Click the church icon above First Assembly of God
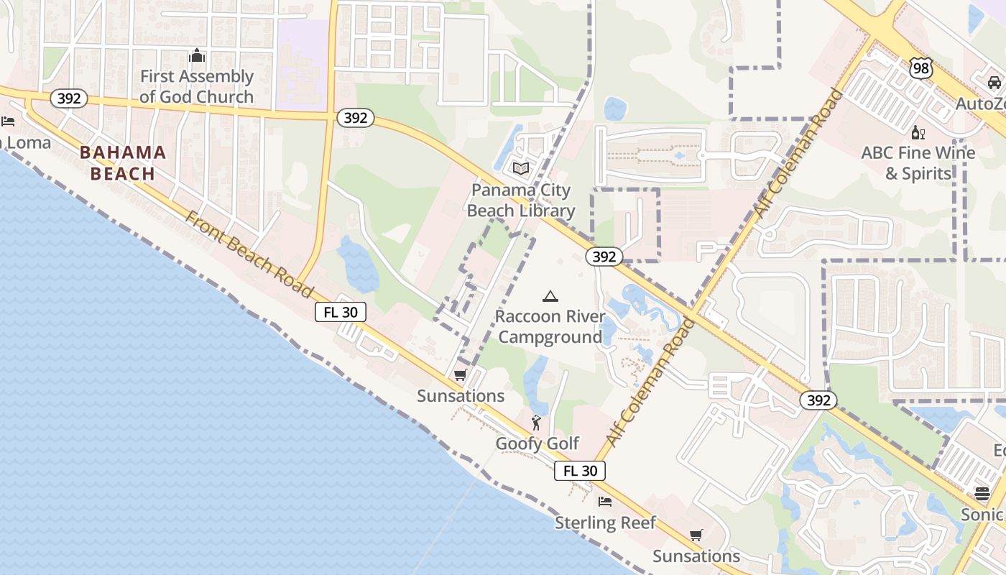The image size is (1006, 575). pos(196,56)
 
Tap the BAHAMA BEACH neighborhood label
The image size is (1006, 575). pos(123,163)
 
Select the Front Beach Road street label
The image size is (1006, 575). pos(249,254)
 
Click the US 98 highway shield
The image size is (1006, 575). pos(920,68)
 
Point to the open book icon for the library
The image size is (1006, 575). pos(521,168)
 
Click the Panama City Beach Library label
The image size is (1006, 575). pos(521,201)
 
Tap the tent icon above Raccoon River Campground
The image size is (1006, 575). pos(550,296)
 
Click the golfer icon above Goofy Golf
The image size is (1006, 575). pos(536,423)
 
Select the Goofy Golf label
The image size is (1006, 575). pos(537,443)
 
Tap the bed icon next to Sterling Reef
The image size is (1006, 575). pos(605,502)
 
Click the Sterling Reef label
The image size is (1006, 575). pos(605,523)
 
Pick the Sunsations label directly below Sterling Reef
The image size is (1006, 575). pos(696,556)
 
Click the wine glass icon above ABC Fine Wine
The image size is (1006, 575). pos(918,132)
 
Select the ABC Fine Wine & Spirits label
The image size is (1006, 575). pos(918,163)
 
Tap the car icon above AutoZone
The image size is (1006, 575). pos(994,83)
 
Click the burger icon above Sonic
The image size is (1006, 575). pos(982,494)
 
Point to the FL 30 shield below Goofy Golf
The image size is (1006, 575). pos(580,471)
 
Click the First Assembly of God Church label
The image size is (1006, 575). pos(196,86)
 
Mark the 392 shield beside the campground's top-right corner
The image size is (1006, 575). pos(604,257)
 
